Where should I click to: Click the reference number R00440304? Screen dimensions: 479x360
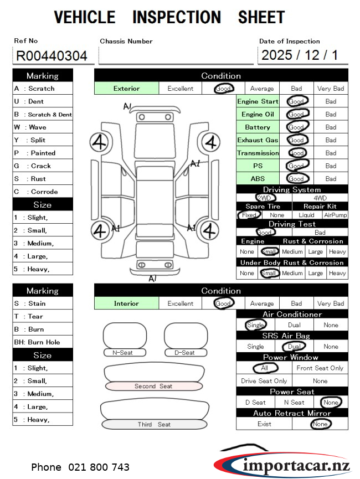(x=52, y=56)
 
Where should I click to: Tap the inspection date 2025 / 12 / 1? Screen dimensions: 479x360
(x=299, y=55)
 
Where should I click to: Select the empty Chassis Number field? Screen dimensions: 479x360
(x=176, y=55)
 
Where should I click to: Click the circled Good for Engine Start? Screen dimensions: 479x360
(x=297, y=101)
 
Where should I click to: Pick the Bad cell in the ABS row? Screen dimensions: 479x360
(x=331, y=179)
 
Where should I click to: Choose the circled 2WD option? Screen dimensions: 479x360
(x=265, y=198)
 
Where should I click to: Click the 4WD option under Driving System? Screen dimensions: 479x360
(x=320, y=198)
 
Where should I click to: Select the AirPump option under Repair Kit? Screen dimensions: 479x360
(x=335, y=215)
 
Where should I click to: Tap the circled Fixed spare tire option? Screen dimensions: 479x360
(x=249, y=215)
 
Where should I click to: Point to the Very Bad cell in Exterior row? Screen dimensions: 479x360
(x=331, y=89)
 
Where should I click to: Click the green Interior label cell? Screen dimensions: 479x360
(x=126, y=303)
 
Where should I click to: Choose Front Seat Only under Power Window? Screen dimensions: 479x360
(x=320, y=368)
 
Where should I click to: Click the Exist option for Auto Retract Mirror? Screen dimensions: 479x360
(x=265, y=424)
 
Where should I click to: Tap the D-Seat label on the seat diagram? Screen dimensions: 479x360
(x=184, y=353)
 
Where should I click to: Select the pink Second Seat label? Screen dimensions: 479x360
(x=153, y=387)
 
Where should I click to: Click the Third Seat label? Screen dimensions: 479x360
(x=153, y=425)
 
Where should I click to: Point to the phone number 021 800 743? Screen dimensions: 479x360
(x=80, y=467)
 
